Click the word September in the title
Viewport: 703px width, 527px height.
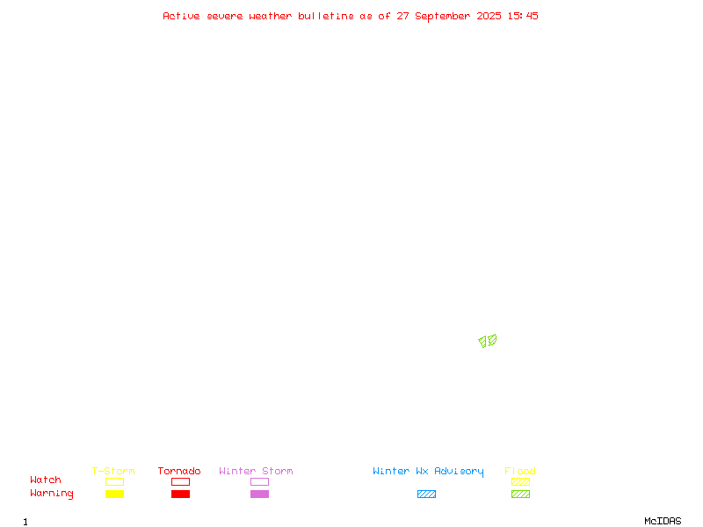(442, 17)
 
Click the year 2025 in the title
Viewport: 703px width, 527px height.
(489, 16)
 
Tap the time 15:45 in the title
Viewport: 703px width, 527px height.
(523, 16)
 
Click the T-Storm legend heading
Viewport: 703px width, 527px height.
(113, 471)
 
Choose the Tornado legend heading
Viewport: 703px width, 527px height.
(179, 471)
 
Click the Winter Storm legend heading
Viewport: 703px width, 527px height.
(256, 471)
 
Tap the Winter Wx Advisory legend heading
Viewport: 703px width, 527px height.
(428, 472)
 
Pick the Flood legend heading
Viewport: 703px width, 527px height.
(519, 471)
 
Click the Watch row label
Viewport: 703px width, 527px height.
(46, 480)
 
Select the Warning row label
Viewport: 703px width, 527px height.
(52, 494)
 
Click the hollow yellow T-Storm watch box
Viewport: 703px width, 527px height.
(115, 481)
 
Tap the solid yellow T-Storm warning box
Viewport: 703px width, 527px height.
(115, 494)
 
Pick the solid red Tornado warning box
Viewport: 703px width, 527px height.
(181, 494)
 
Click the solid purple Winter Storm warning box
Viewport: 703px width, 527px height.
(259, 494)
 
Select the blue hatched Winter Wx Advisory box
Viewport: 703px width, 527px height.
(426, 494)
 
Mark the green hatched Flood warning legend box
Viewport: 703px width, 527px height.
(520, 494)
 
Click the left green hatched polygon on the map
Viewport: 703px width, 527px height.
(482, 342)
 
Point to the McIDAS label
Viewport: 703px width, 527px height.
(663, 521)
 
